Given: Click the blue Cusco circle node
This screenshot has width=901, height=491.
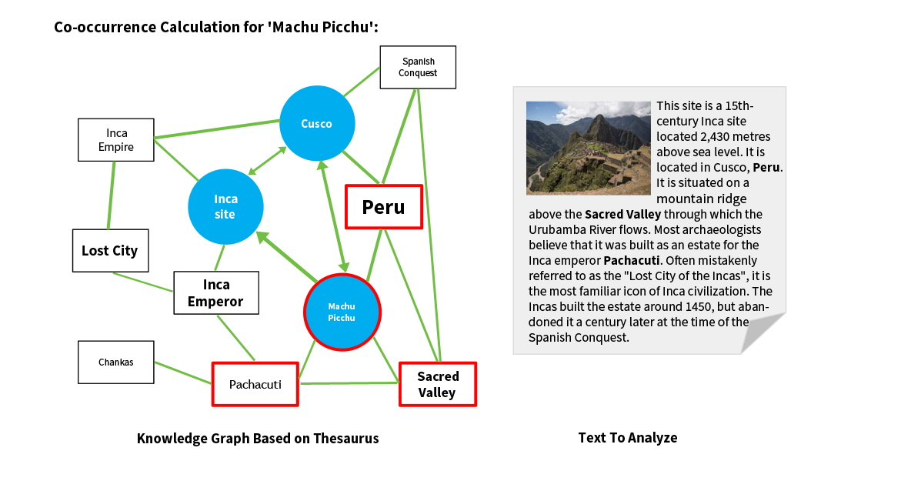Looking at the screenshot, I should (x=316, y=124).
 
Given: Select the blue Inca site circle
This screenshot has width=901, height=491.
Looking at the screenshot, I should (x=225, y=207).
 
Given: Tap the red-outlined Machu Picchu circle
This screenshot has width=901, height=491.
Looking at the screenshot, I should (x=342, y=312).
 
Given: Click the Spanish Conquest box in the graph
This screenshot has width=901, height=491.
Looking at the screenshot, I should (x=418, y=67).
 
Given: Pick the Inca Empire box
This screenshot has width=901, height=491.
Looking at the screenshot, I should (x=116, y=140).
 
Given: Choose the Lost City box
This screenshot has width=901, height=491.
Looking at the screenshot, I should (x=110, y=251).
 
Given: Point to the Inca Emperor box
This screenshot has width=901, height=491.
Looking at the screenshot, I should (x=215, y=293).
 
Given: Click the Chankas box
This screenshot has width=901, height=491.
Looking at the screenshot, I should (x=115, y=362).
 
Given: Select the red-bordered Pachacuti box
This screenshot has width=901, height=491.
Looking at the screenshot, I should (x=255, y=384).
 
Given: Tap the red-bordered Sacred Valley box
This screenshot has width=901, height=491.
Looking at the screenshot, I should (x=437, y=384).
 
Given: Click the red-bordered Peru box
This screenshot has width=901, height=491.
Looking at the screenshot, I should (x=383, y=207).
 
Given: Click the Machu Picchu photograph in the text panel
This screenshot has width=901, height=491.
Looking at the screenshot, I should (x=589, y=148).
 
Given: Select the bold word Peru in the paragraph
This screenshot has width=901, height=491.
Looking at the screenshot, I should (x=766, y=168).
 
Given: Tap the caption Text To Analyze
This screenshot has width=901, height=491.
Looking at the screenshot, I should (x=627, y=438).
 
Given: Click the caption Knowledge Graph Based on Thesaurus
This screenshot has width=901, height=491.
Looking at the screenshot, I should (x=258, y=439).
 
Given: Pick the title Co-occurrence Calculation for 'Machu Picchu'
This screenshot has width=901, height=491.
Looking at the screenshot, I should (x=215, y=28).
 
